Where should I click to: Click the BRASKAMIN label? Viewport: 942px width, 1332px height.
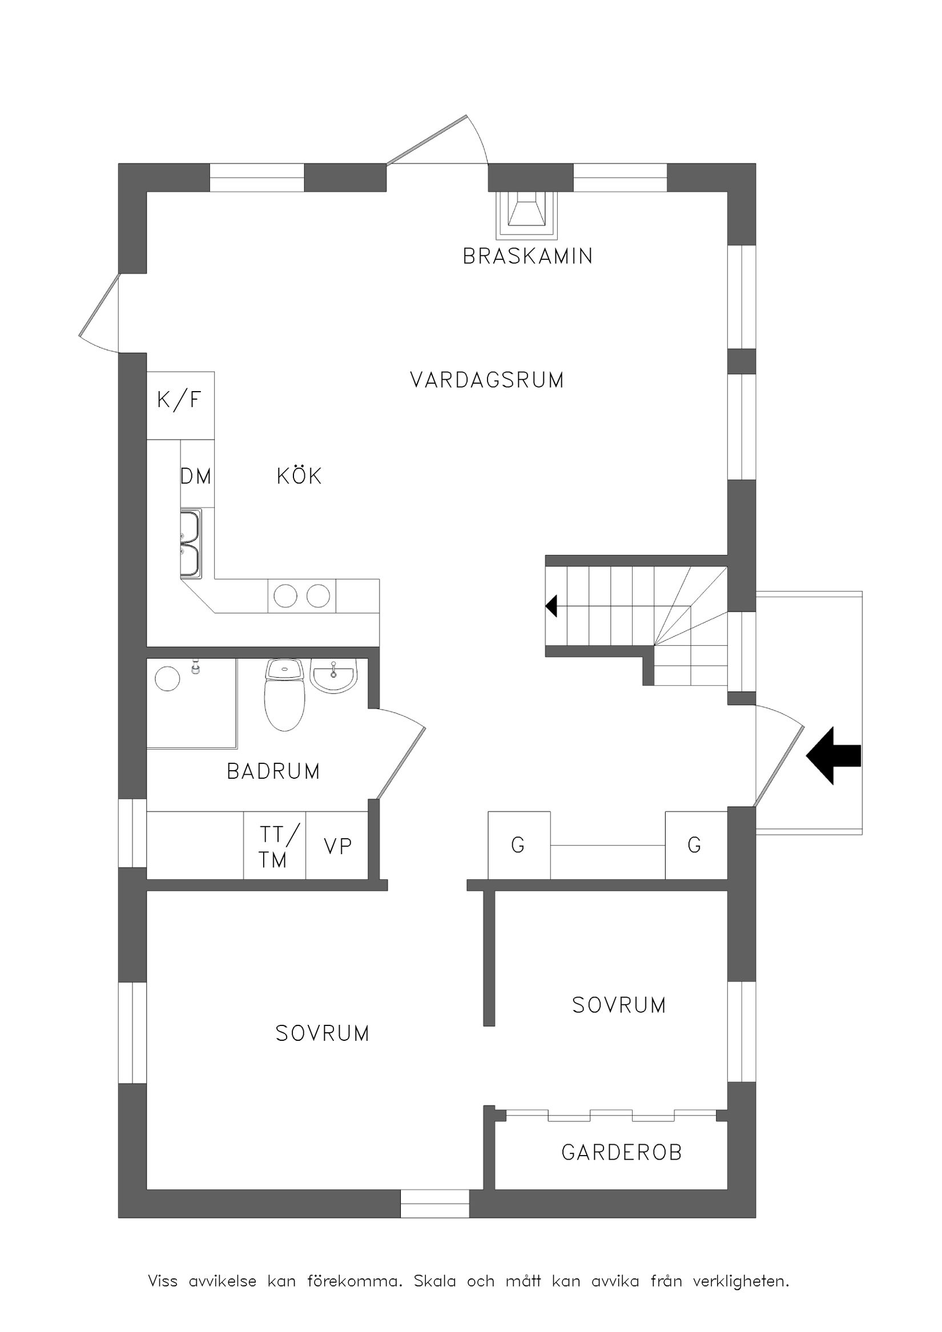pos(528,256)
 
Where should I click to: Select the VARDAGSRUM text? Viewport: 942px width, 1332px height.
pos(486,380)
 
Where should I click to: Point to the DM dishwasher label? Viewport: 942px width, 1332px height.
pos(196,476)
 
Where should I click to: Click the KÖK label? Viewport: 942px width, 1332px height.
pos(299,476)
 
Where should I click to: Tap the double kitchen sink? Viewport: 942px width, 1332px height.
pos(190,544)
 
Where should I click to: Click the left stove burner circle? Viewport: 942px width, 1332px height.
pos(285,596)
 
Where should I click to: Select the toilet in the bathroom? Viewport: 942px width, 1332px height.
pos(284,696)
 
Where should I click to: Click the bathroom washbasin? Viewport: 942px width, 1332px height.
pos(333,678)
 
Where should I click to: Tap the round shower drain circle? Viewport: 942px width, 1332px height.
pos(167,678)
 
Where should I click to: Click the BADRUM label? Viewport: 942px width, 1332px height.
pos(273,771)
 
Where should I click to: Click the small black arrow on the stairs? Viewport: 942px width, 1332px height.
pos(551,606)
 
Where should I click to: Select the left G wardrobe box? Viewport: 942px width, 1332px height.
pos(518,844)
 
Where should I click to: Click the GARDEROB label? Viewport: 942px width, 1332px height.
pos(622,1164)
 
